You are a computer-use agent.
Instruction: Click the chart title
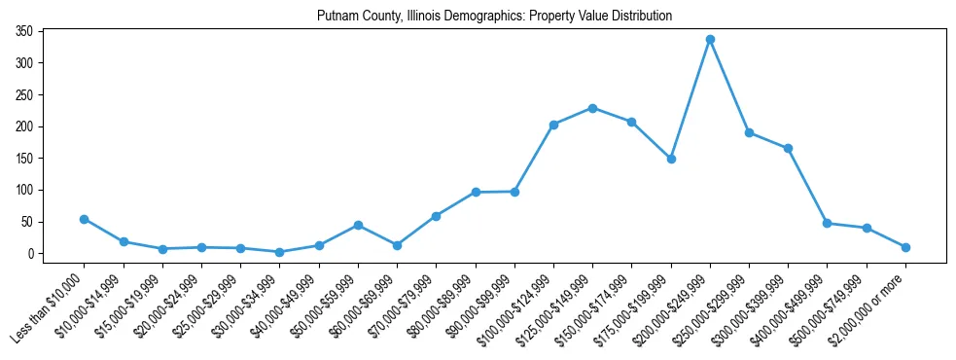[x=494, y=17]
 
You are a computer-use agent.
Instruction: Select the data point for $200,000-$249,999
[x=710, y=39]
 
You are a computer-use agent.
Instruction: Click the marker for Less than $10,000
[x=85, y=219]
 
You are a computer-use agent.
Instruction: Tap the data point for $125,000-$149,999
[x=592, y=108]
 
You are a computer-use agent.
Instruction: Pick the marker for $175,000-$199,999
[x=671, y=159]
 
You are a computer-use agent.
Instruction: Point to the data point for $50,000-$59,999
[x=358, y=225]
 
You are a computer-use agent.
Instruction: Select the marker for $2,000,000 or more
[x=905, y=247]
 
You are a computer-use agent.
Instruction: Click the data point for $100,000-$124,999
[x=553, y=125]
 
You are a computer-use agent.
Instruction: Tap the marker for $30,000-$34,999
[x=280, y=252]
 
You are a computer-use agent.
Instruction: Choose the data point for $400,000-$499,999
[x=827, y=223]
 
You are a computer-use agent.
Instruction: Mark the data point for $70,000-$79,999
[x=437, y=216]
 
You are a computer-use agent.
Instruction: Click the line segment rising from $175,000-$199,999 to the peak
[x=690, y=98]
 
